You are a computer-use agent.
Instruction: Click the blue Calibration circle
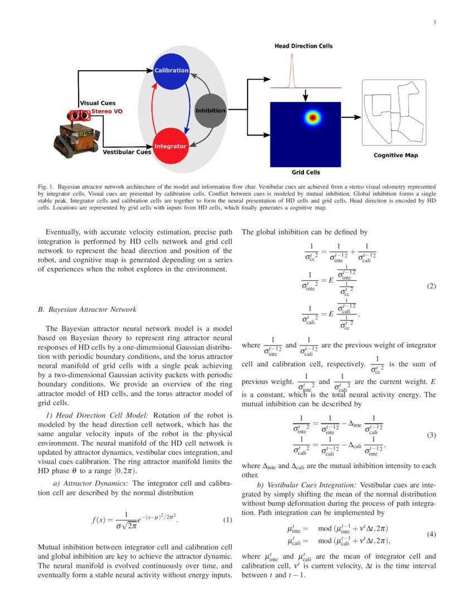(171, 71)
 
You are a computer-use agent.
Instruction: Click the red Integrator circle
(170, 146)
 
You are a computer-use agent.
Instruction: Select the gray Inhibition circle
(210, 110)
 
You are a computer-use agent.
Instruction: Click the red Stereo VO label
(107, 111)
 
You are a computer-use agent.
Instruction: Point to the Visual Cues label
(98, 103)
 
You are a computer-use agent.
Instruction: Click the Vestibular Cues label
(127, 152)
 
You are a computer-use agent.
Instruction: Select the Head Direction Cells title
(303, 46)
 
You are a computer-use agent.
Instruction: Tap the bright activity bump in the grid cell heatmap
(313, 118)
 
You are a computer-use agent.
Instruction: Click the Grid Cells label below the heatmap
(306, 172)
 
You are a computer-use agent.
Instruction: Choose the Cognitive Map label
(395, 155)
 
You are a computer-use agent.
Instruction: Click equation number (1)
(228, 520)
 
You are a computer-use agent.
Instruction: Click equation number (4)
(431, 534)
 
